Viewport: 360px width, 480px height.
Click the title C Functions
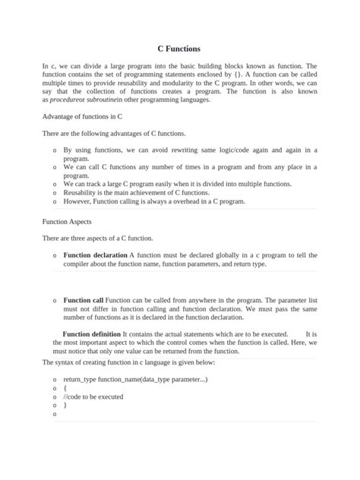click(x=179, y=48)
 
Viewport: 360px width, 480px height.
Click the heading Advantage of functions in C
click(x=83, y=116)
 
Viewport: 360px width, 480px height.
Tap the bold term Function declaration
click(x=96, y=255)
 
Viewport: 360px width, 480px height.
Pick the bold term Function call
click(x=84, y=301)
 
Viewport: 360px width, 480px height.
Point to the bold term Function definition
click(x=92, y=334)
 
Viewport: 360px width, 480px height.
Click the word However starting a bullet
click(x=80, y=202)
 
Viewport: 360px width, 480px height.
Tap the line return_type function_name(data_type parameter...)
click(x=135, y=378)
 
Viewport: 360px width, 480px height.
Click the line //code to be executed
click(x=93, y=396)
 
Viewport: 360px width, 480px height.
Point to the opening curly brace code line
click(x=65, y=387)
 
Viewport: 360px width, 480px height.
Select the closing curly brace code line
click(x=65, y=406)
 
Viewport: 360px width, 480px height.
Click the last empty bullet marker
click(x=55, y=415)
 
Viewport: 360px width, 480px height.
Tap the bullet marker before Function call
click(x=55, y=302)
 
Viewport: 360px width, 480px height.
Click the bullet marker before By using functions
click(x=55, y=151)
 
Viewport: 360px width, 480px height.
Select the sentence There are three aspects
click(x=98, y=238)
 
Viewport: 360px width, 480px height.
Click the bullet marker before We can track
click(x=55, y=185)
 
